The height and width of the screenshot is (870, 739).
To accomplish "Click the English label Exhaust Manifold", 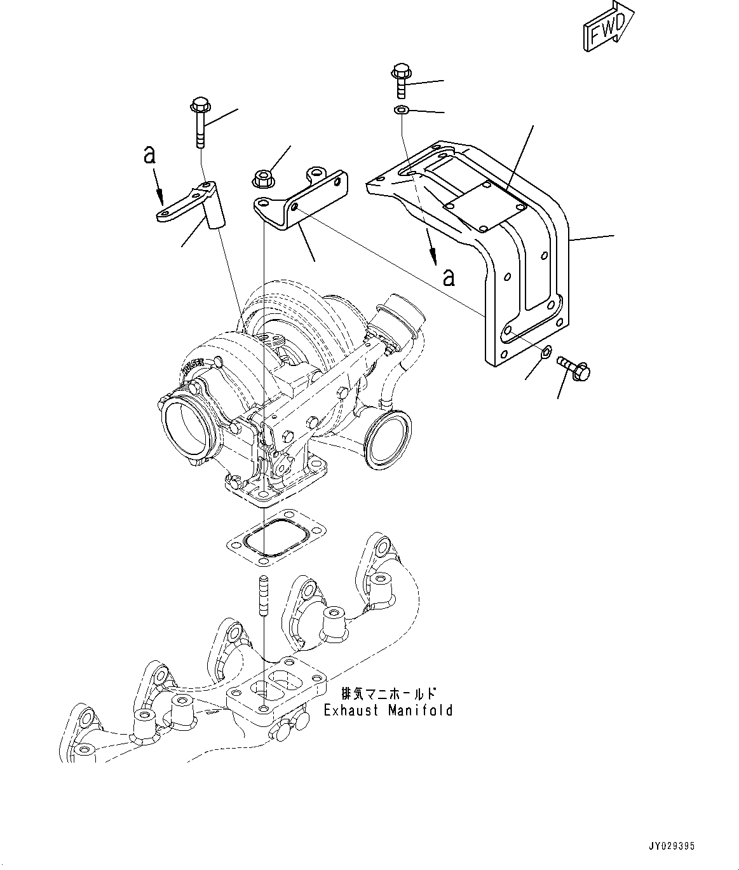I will click(x=388, y=710).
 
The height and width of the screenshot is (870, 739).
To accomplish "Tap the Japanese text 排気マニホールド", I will click(x=389, y=693).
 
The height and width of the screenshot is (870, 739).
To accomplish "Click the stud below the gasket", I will click(x=262, y=595).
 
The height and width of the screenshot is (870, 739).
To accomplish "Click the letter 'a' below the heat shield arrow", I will click(x=449, y=277).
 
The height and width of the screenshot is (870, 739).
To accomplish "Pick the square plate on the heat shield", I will click(x=486, y=207).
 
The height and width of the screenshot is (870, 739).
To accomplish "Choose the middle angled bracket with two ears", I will click(x=304, y=198).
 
